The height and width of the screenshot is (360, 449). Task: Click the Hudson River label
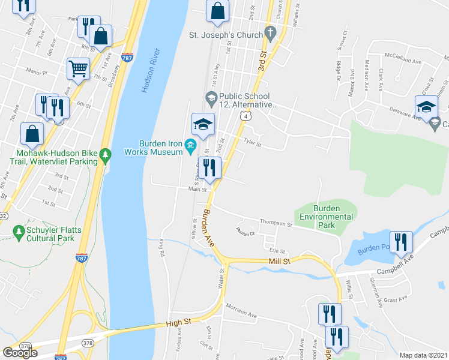[x=152, y=70]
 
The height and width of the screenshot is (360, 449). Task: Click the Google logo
[x=20, y=353]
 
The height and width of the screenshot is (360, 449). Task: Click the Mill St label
[x=279, y=262]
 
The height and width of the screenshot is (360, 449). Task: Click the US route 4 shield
[x=244, y=116]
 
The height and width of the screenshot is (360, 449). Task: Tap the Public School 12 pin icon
[x=211, y=97]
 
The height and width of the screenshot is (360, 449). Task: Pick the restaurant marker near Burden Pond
[x=401, y=242]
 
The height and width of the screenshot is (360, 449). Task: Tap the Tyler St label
[x=253, y=144]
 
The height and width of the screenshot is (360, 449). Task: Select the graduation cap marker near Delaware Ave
[x=426, y=107]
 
